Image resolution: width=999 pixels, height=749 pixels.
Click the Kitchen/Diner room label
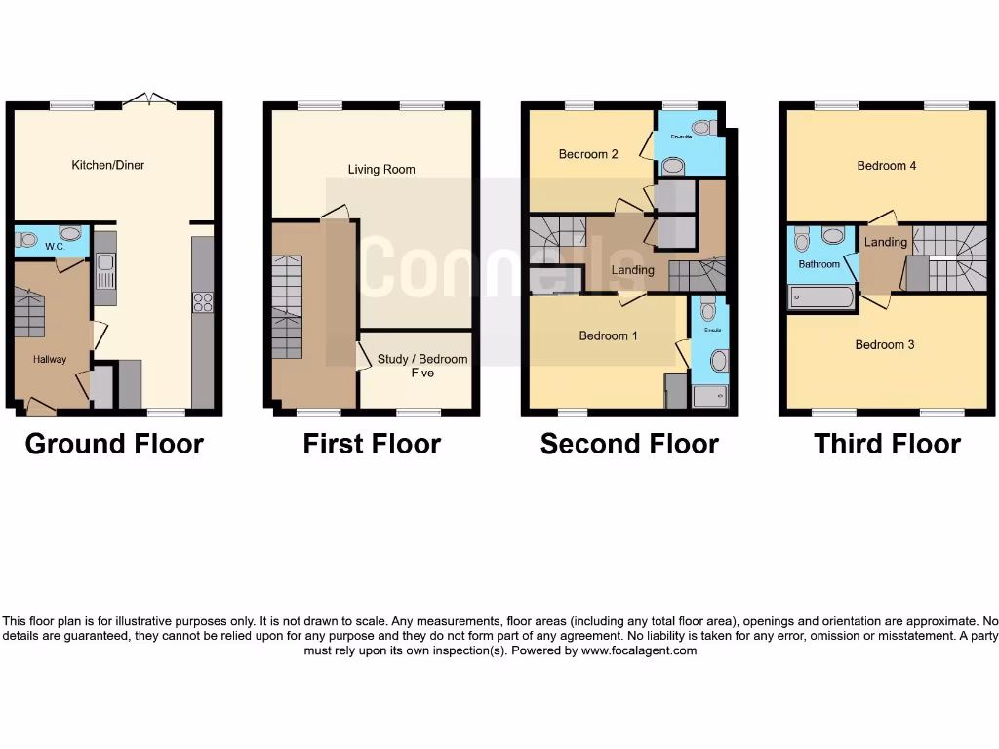click(x=108, y=165)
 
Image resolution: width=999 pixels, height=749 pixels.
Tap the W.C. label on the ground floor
click(x=54, y=247)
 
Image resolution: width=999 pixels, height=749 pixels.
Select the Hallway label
click(x=50, y=359)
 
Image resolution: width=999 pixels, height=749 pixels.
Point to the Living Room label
click(x=381, y=169)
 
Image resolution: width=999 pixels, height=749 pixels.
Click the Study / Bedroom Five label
click(x=422, y=366)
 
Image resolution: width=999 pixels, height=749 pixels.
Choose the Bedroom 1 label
click(x=608, y=335)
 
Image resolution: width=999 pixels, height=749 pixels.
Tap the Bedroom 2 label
click(x=588, y=153)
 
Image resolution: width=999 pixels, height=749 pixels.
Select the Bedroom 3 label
click(x=885, y=344)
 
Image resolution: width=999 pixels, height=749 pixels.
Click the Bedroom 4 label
click(x=886, y=166)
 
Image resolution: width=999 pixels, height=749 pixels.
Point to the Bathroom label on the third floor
click(x=819, y=264)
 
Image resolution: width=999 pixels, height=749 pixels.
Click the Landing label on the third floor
click(x=886, y=242)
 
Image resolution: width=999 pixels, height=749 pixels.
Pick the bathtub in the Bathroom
click(x=821, y=297)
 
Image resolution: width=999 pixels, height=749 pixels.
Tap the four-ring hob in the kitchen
click(x=203, y=302)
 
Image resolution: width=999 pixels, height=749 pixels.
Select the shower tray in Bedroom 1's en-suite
click(x=708, y=395)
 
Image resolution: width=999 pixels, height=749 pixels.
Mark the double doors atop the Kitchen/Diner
click(x=149, y=99)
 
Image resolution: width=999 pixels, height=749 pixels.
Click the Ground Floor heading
click(x=114, y=445)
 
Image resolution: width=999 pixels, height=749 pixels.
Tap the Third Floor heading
click(x=887, y=445)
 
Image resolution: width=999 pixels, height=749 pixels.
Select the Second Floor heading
click(x=629, y=445)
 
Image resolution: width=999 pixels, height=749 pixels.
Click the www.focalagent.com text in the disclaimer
click(x=639, y=650)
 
